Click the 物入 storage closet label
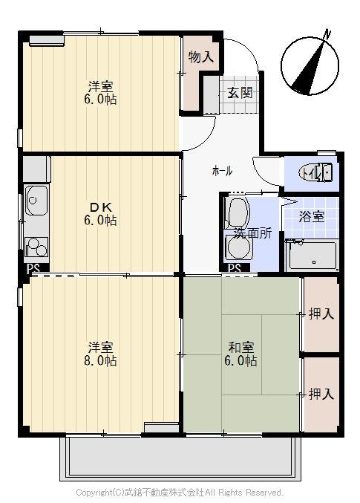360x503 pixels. point(201,57)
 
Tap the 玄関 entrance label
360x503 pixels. point(240,93)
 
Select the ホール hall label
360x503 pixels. point(222,172)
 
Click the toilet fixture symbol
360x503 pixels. point(315,172)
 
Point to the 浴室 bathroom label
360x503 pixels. point(312,217)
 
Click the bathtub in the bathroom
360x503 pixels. point(312,256)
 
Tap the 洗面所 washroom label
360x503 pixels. point(252,233)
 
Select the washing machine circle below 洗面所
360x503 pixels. point(238,247)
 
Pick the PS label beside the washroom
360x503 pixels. point(235,268)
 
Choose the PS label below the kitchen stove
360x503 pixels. point(33,269)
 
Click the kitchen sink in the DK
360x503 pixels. point(36,201)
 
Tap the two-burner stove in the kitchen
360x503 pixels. point(36,247)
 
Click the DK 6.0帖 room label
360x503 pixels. point(100,214)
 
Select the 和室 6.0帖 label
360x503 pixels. point(240,354)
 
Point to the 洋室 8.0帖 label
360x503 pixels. point(100,354)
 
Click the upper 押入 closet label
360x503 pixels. point(321,314)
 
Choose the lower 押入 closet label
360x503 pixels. point(321,394)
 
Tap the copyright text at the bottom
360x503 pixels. point(180,493)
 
